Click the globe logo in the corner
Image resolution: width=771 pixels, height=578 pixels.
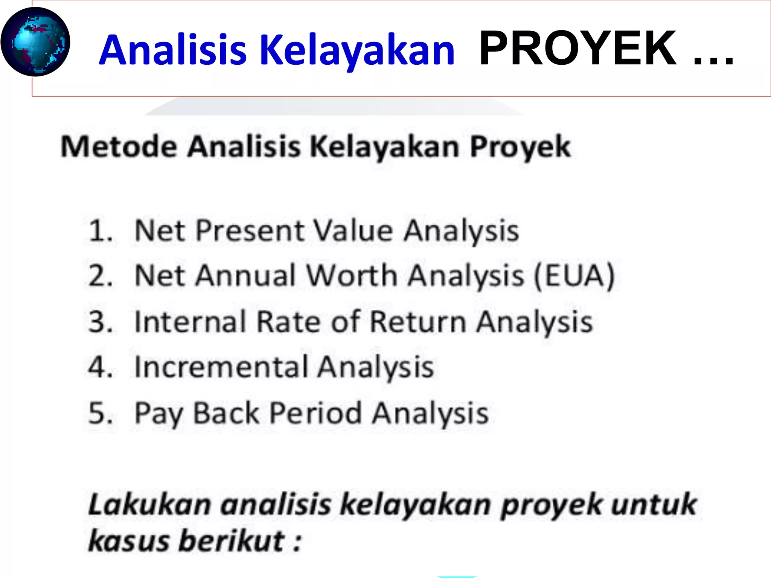(x=35, y=42)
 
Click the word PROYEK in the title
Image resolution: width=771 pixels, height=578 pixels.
(x=577, y=49)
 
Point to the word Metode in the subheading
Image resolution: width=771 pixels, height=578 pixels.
(x=119, y=146)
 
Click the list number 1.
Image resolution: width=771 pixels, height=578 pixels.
(x=99, y=230)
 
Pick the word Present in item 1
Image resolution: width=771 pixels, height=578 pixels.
(x=250, y=230)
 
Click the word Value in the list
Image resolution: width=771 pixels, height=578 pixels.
(x=354, y=230)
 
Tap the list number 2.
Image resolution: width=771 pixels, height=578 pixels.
(x=100, y=276)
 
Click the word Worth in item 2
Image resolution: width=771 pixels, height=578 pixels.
(x=352, y=276)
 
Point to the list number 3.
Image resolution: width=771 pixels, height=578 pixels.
(x=100, y=322)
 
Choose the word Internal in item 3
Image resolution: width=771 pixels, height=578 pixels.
(x=190, y=322)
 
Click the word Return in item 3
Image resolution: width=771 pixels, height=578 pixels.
(x=418, y=322)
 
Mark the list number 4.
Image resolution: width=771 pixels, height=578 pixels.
(x=100, y=367)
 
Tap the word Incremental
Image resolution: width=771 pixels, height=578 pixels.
(x=222, y=367)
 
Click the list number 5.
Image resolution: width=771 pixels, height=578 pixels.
(x=100, y=413)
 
